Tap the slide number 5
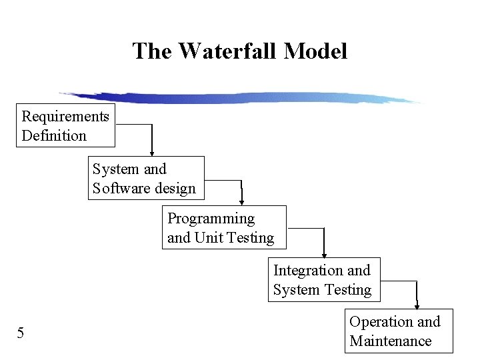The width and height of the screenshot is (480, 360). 21,333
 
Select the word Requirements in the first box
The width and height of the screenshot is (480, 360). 65,117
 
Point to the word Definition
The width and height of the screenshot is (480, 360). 54,136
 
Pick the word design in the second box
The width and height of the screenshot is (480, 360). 175,189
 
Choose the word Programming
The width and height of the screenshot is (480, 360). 211,219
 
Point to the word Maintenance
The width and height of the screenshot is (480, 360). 391,341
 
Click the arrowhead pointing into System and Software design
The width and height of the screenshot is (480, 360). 152,153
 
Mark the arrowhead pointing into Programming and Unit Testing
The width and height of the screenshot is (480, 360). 242,201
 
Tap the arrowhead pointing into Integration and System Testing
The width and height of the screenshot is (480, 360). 324,254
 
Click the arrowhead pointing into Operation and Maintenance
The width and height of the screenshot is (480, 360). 417,305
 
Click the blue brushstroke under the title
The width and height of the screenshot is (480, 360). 240,98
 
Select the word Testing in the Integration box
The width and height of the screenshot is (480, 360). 347,290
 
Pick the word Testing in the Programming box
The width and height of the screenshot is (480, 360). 250,238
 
